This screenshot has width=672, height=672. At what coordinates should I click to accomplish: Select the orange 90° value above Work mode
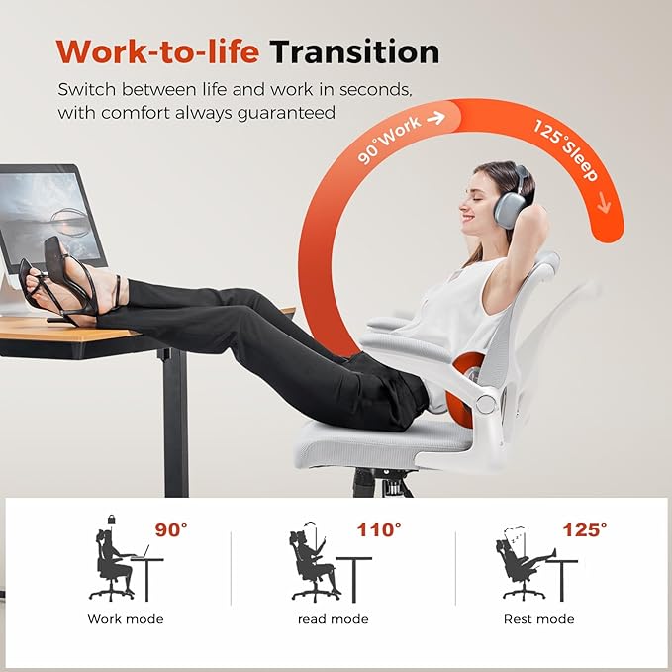coord(169,530)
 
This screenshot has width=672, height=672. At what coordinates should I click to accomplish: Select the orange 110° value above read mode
coord(379,530)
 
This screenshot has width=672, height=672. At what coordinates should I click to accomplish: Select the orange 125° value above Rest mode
coord(584,530)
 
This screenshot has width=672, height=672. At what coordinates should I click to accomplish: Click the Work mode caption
coord(126,619)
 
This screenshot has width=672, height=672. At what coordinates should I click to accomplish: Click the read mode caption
coord(334,619)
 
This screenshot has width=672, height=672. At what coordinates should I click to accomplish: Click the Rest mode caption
coord(539,619)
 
